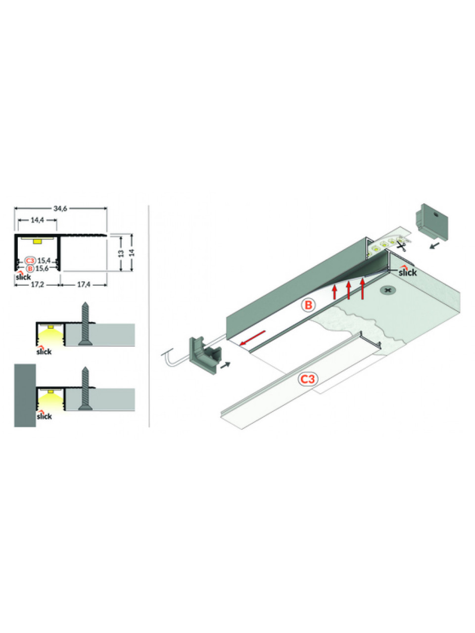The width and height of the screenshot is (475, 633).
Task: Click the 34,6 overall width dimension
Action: click(x=60, y=209)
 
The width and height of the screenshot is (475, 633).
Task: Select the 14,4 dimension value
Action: click(x=37, y=220)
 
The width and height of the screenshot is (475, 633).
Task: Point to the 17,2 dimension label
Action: click(x=37, y=285)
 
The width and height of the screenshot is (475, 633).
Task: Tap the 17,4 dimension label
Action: click(x=84, y=285)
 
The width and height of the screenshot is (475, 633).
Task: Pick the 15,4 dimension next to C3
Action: click(x=44, y=261)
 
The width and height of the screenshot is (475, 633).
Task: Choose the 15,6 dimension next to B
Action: click(x=42, y=269)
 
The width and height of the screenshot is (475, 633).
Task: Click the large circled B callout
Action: click(x=308, y=305)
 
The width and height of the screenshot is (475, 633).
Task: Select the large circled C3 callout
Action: click(x=308, y=379)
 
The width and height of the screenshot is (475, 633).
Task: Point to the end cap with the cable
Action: click(x=205, y=357)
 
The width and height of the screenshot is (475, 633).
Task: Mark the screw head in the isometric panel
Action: click(x=388, y=290)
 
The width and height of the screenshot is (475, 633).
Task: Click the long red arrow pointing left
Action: click(x=252, y=338)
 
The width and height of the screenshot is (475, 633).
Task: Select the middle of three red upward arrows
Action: click(x=348, y=290)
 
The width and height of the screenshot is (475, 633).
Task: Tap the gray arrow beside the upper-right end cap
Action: click(x=435, y=245)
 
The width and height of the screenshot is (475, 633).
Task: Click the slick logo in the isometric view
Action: click(x=408, y=271)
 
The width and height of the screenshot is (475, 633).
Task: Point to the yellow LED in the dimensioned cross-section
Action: click(x=38, y=241)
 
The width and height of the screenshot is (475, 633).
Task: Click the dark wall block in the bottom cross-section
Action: click(x=25, y=395)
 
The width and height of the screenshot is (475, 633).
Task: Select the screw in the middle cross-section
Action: click(x=86, y=323)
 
